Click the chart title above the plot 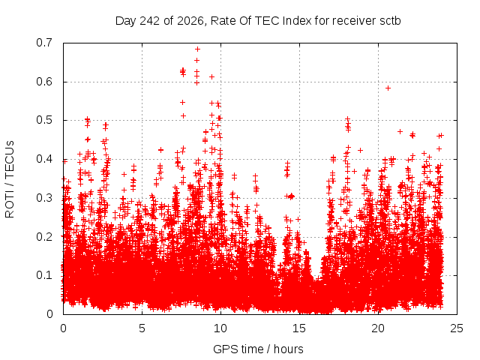pos(258,21)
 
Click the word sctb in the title pos(390,21)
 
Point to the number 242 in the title pos(150,21)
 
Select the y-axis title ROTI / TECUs pos(10,179)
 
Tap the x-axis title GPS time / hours pos(258,349)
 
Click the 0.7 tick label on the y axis pos(44,43)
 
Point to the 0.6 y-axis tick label pos(44,82)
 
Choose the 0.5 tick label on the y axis pos(44,120)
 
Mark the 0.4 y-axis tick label pos(44,159)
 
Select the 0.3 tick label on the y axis pos(44,198)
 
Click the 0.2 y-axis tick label pos(44,237)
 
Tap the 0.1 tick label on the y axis pos(44,275)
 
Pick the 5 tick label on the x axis pos(142,328)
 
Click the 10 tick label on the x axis pos(220,328)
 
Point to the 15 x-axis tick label pos(299,328)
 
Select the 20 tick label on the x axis pos(378,328)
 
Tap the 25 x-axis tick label pos(457,328)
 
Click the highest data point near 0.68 pos(197,49)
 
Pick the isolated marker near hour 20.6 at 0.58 pos(388,88)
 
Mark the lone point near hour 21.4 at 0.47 pos(400,132)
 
